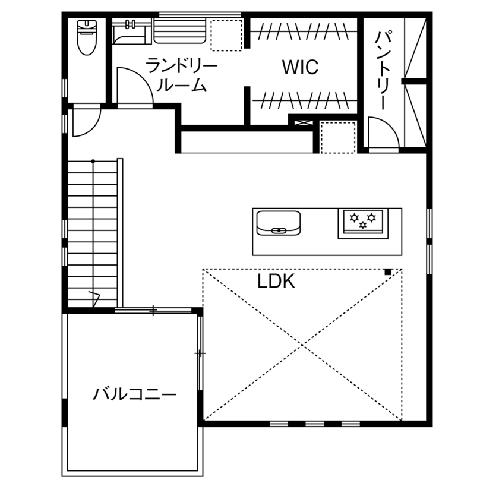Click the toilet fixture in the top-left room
87,37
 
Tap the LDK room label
276,282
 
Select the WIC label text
300,67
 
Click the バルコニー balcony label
135,394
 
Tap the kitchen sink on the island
278,223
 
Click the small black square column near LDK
388,271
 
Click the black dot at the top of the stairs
93,162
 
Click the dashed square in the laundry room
226,35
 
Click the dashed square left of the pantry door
338,138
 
